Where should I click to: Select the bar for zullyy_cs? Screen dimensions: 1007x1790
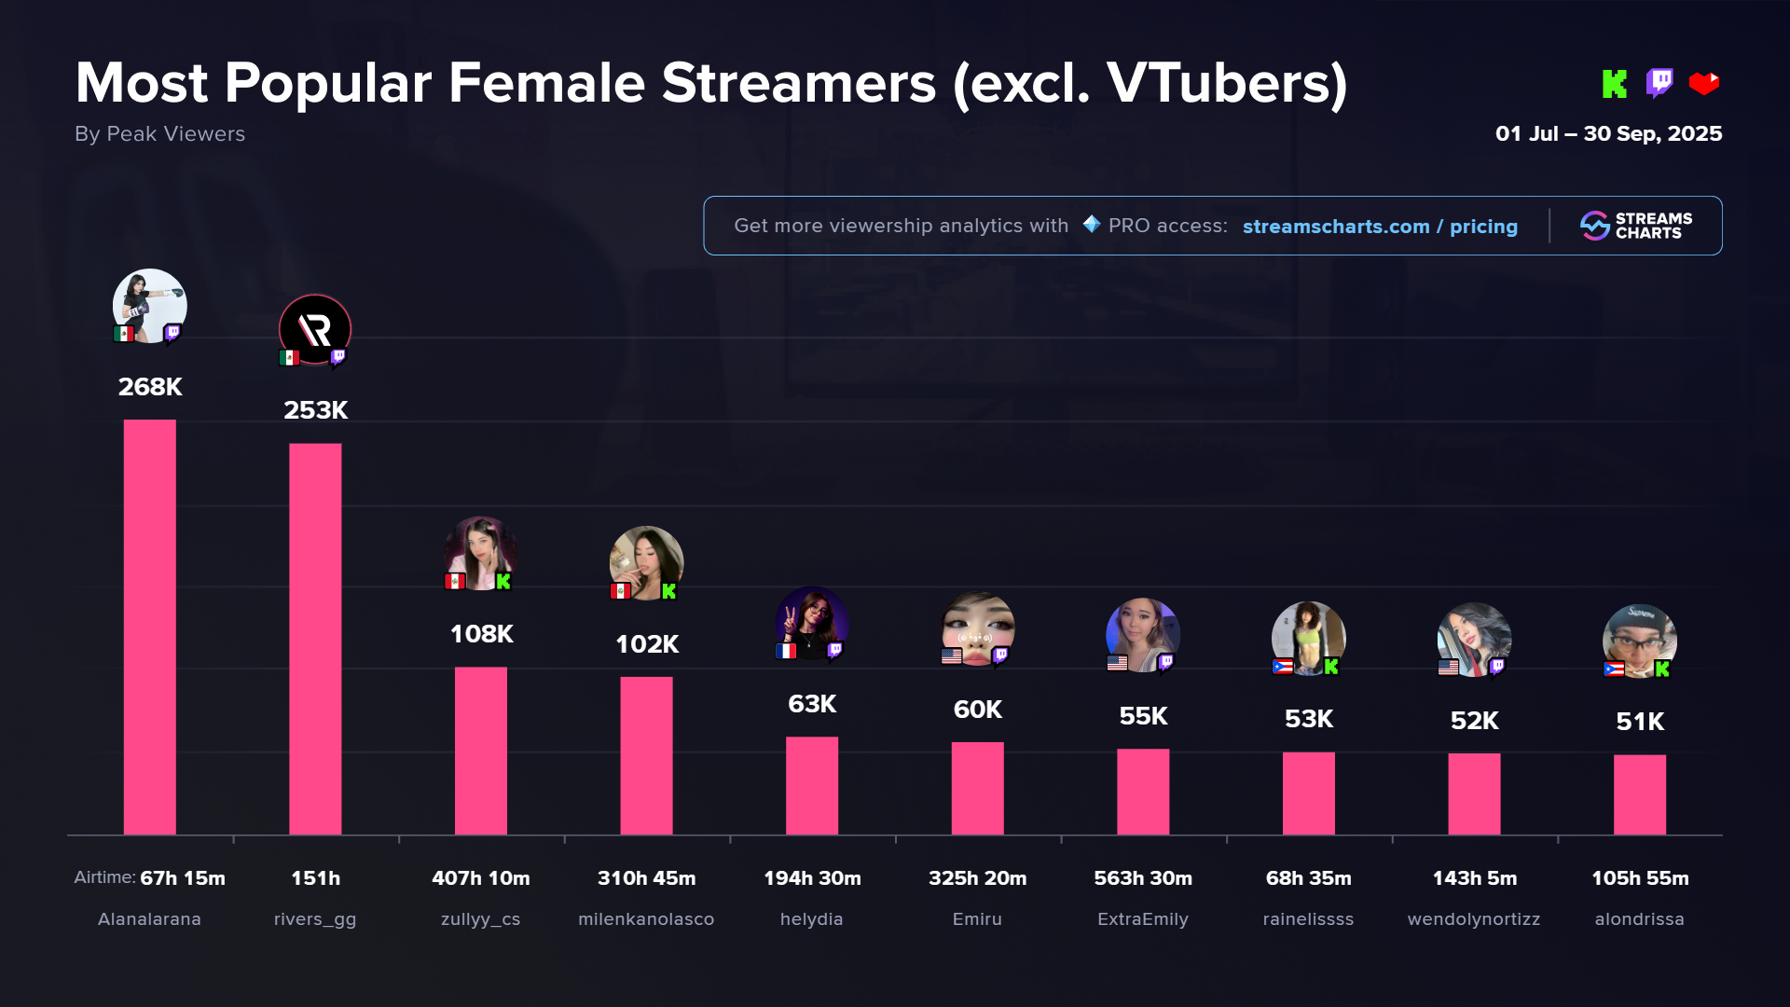point(480,751)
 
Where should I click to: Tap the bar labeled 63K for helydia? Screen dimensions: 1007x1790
point(811,785)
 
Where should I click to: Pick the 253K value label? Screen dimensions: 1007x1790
point(315,410)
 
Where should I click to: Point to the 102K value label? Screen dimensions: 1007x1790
point(646,644)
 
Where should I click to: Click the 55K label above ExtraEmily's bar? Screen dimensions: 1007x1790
point(1143,716)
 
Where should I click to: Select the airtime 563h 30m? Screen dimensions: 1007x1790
point(1143,878)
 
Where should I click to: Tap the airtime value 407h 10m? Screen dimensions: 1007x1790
point(480,878)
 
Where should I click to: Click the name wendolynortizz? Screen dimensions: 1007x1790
point(1473,919)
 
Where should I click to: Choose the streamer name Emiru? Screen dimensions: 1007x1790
point(977,919)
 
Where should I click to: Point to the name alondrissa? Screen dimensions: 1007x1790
point(1639,919)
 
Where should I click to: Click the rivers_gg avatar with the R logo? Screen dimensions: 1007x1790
point(315,329)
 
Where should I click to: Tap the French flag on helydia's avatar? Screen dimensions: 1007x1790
point(786,651)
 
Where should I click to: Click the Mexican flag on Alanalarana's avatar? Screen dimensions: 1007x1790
point(123,334)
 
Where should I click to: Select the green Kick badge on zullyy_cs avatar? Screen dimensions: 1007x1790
point(503,582)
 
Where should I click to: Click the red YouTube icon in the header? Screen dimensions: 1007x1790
point(1703,84)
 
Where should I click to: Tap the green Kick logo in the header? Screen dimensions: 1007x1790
point(1614,84)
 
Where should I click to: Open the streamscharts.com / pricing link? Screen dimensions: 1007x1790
point(1380,227)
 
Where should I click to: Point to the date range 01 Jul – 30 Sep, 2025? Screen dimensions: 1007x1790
point(1608,134)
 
